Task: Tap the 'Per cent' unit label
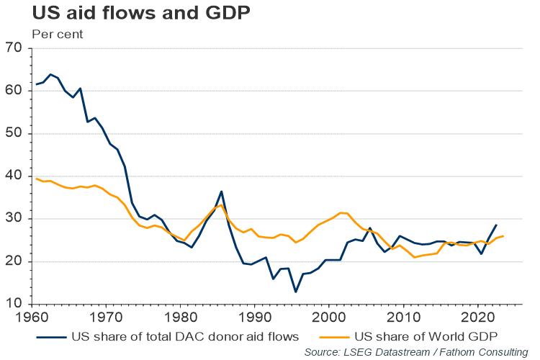pos(57,34)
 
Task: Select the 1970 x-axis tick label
pos(106,318)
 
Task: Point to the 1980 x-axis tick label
pos(180,318)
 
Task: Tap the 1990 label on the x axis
pos(254,318)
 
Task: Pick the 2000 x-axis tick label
pos(329,318)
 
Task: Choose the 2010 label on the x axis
pos(403,318)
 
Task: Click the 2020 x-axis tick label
pos(477,318)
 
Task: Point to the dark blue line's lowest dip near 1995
pos(295,292)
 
